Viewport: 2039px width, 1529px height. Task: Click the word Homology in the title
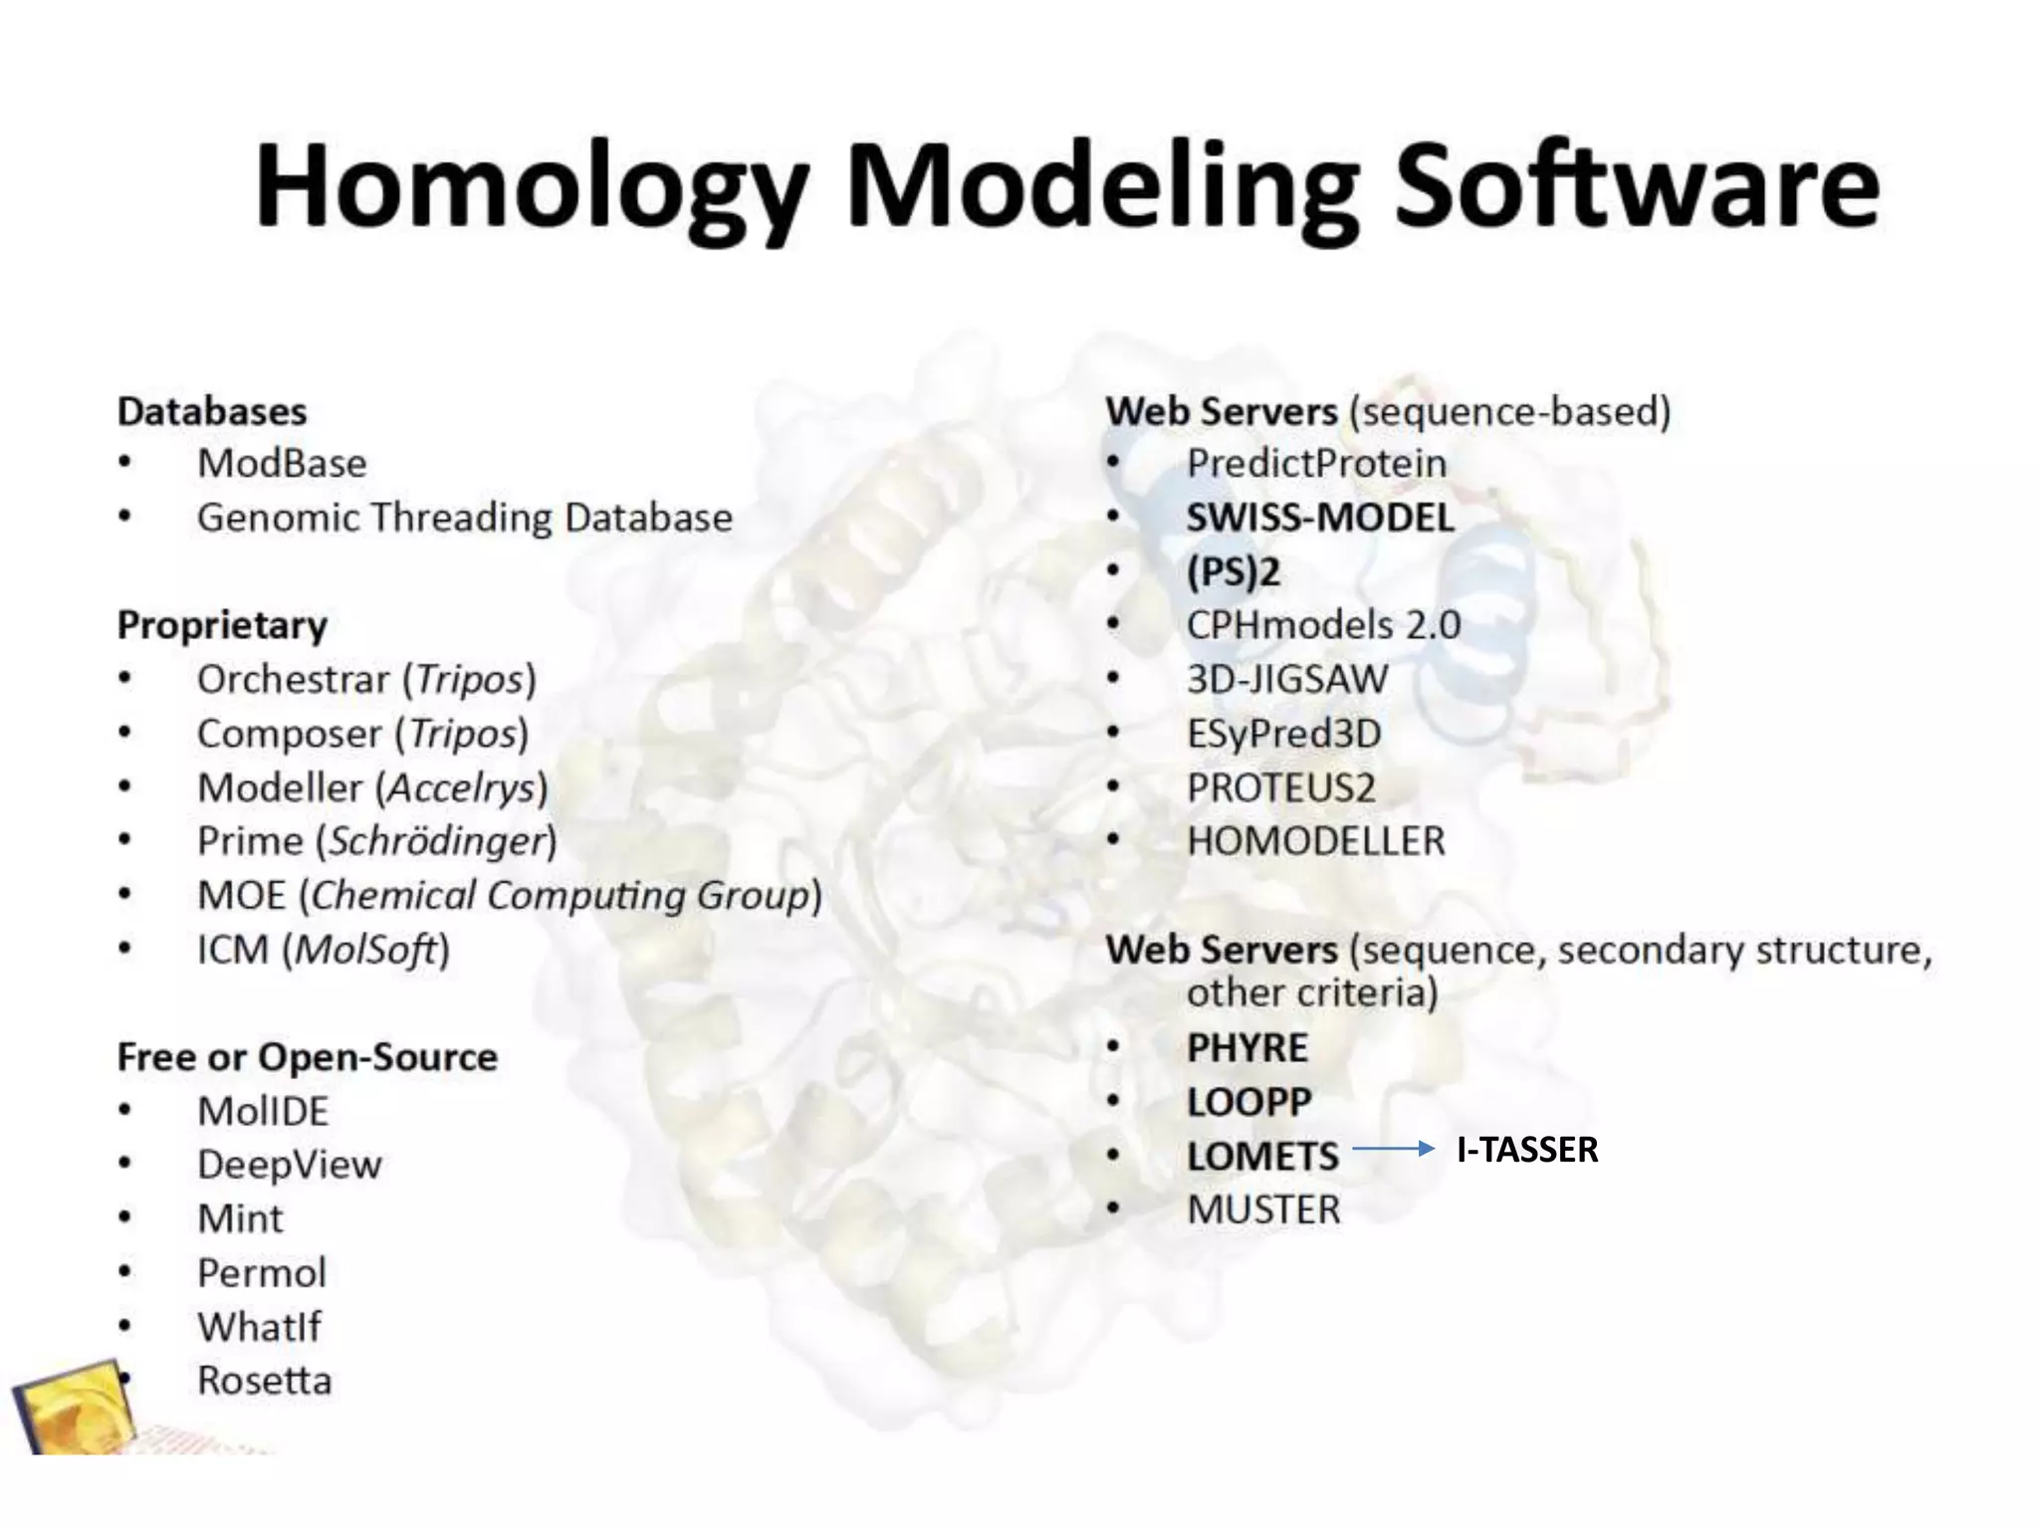click(x=530, y=189)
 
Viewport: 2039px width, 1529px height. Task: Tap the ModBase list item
click(x=282, y=464)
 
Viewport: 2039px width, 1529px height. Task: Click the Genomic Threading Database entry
click(x=464, y=518)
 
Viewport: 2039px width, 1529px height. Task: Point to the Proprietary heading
click(x=222, y=625)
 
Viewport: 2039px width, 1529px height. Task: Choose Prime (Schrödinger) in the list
click(x=376, y=841)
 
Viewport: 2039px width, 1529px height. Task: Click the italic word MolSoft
click(x=365, y=950)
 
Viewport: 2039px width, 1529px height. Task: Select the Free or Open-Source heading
click(x=307, y=1057)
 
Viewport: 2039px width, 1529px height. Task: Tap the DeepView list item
click(x=289, y=1165)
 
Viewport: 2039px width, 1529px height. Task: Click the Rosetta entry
click(x=264, y=1381)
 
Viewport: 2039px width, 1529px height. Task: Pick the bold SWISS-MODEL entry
click(x=1320, y=518)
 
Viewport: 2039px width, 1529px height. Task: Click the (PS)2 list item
click(x=1233, y=572)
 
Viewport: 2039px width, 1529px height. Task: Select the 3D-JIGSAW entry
click(x=1286, y=680)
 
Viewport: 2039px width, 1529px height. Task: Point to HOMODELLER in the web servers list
click(x=1315, y=842)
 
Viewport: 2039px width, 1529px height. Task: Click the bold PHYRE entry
click(x=1246, y=1048)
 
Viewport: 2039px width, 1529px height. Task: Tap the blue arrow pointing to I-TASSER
click(x=1392, y=1150)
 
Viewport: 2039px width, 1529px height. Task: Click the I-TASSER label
click(x=1526, y=1150)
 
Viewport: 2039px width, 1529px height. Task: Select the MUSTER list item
click(x=1263, y=1210)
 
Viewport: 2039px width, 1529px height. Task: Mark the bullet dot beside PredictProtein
click(x=1113, y=463)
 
